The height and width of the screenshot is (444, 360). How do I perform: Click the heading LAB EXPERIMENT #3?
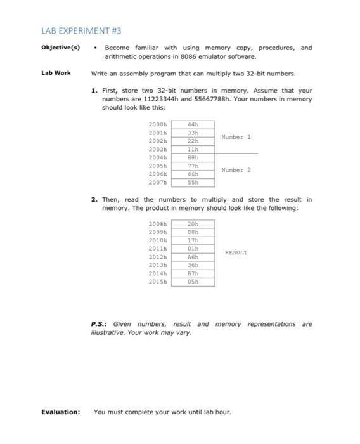82,30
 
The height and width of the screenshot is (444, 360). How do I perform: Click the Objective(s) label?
61,48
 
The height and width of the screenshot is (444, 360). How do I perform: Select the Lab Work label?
56,73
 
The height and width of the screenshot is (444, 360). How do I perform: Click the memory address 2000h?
157,124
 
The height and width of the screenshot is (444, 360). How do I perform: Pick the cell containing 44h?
193,124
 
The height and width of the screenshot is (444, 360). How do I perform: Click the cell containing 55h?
193,182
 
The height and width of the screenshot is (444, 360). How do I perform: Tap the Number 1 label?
236,136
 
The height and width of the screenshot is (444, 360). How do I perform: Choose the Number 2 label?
236,170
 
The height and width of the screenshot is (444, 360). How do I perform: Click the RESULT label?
236,252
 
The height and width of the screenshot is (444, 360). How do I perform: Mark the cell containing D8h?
193,232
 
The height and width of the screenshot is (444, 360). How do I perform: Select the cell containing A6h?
193,257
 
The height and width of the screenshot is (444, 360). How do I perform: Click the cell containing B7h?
193,273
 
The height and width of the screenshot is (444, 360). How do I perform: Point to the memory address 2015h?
157,282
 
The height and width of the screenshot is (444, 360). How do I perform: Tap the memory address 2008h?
157,224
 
